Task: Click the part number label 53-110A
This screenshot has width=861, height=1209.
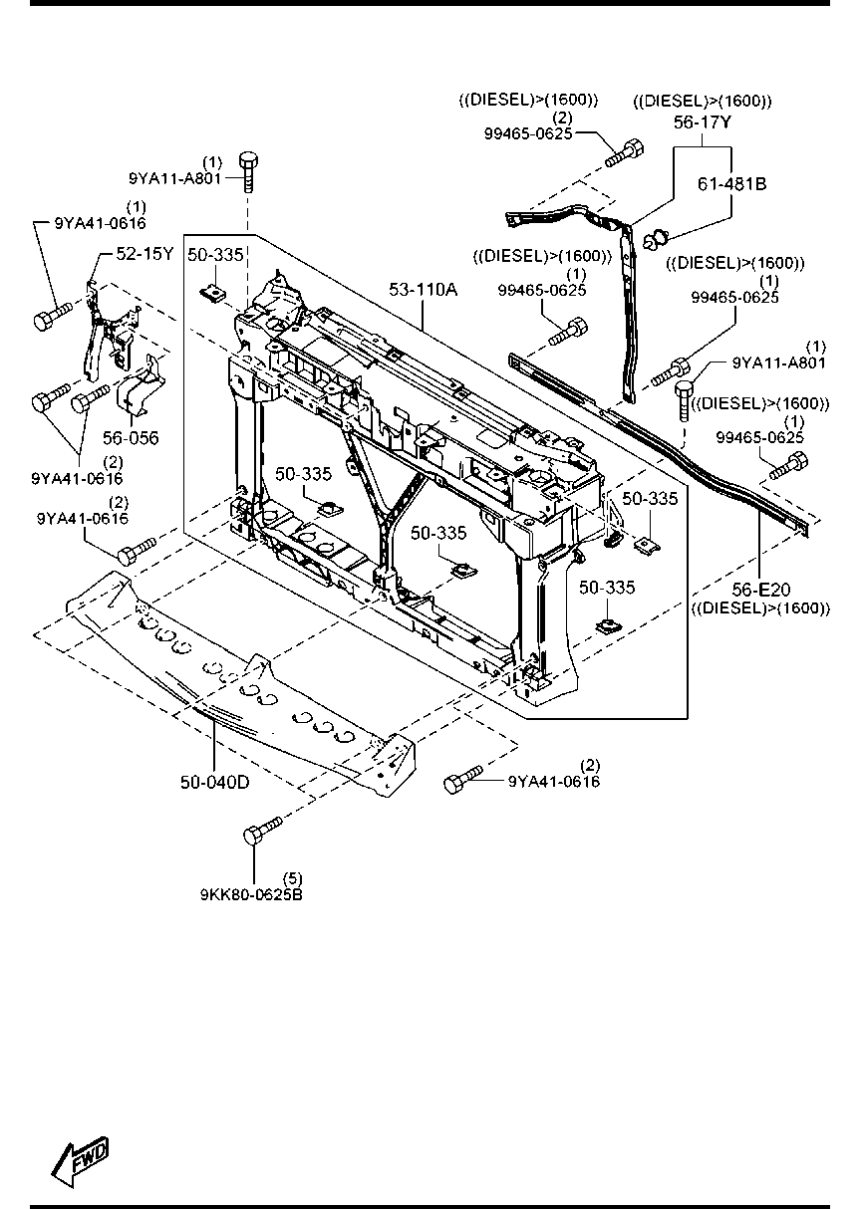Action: pyautogui.click(x=425, y=290)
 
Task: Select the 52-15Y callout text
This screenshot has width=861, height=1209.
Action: pyautogui.click(x=145, y=254)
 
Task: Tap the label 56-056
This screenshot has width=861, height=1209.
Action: pyautogui.click(x=130, y=436)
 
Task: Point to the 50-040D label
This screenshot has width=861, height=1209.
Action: pyautogui.click(x=214, y=782)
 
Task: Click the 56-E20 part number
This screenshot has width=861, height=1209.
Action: pyautogui.click(x=759, y=591)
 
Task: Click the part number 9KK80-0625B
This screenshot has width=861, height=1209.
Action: pyautogui.click(x=251, y=893)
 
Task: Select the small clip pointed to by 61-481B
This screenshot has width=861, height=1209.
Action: pyautogui.click(x=654, y=238)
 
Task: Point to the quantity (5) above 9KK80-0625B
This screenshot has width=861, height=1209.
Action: pyautogui.click(x=292, y=877)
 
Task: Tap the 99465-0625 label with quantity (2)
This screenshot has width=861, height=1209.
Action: pyautogui.click(x=528, y=132)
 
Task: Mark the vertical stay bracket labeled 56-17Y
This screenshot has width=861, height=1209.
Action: pyautogui.click(x=627, y=309)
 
